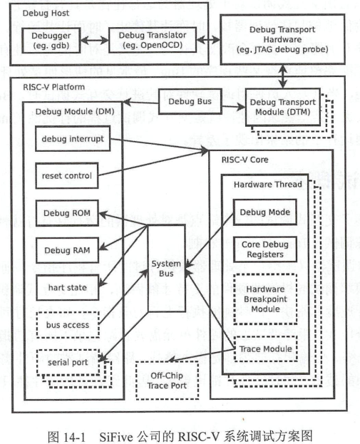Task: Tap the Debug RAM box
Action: click(66, 250)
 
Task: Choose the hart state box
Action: click(66, 287)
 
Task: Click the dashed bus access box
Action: click(66, 324)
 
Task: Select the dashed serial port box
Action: click(66, 361)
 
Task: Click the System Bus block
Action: click(165, 268)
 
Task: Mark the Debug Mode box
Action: click(264, 212)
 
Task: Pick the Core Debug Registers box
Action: click(264, 249)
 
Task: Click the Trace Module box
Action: click(264, 349)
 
